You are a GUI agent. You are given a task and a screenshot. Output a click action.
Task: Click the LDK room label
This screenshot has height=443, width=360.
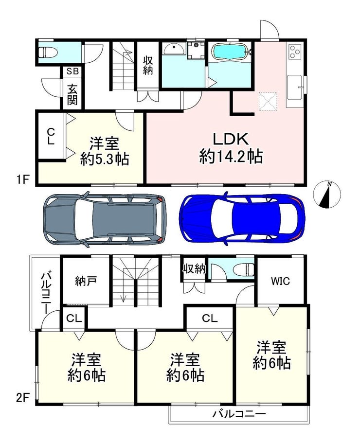231,139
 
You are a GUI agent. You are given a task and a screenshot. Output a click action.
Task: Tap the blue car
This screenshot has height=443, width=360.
242,217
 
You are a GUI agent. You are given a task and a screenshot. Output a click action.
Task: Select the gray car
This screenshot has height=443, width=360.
105,217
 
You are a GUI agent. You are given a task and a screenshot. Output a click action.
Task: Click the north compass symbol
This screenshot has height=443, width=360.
327,194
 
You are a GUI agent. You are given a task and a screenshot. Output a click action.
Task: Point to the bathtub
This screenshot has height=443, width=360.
231,52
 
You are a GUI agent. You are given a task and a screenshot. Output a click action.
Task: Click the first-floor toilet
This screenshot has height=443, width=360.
48,52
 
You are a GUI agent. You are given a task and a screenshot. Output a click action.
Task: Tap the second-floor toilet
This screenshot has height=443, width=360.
245,269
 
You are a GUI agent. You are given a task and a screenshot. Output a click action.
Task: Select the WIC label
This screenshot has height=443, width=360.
280,281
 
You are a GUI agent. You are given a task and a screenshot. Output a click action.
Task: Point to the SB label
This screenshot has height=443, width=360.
72,71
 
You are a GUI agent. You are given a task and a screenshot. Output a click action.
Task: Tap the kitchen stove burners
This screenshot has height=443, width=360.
294,52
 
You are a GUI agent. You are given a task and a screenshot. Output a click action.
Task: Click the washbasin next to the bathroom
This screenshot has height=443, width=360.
174,49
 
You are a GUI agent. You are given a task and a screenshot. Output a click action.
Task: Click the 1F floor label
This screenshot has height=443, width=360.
22,180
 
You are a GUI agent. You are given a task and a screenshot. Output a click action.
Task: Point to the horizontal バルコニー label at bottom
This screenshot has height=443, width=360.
239,414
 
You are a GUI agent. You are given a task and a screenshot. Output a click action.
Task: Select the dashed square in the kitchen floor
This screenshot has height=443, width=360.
268,101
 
